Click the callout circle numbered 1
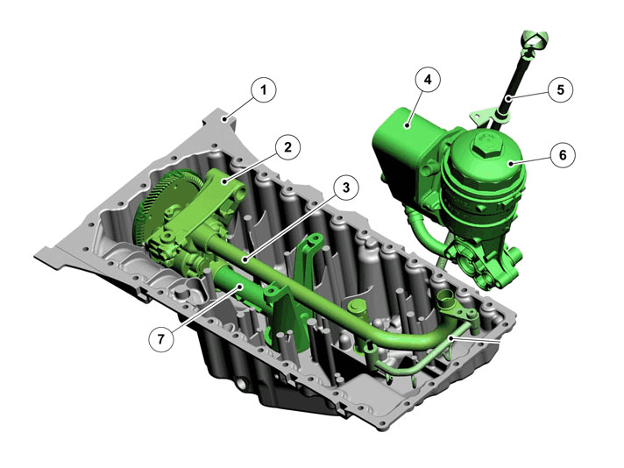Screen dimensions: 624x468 [264, 89]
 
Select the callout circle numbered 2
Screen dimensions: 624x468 [287, 147]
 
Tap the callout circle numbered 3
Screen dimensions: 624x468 [346, 187]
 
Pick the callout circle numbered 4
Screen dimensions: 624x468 [428, 80]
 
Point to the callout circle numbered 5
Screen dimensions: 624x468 [560, 89]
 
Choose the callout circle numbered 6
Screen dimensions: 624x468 [563, 154]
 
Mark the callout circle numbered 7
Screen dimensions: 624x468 [160, 339]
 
